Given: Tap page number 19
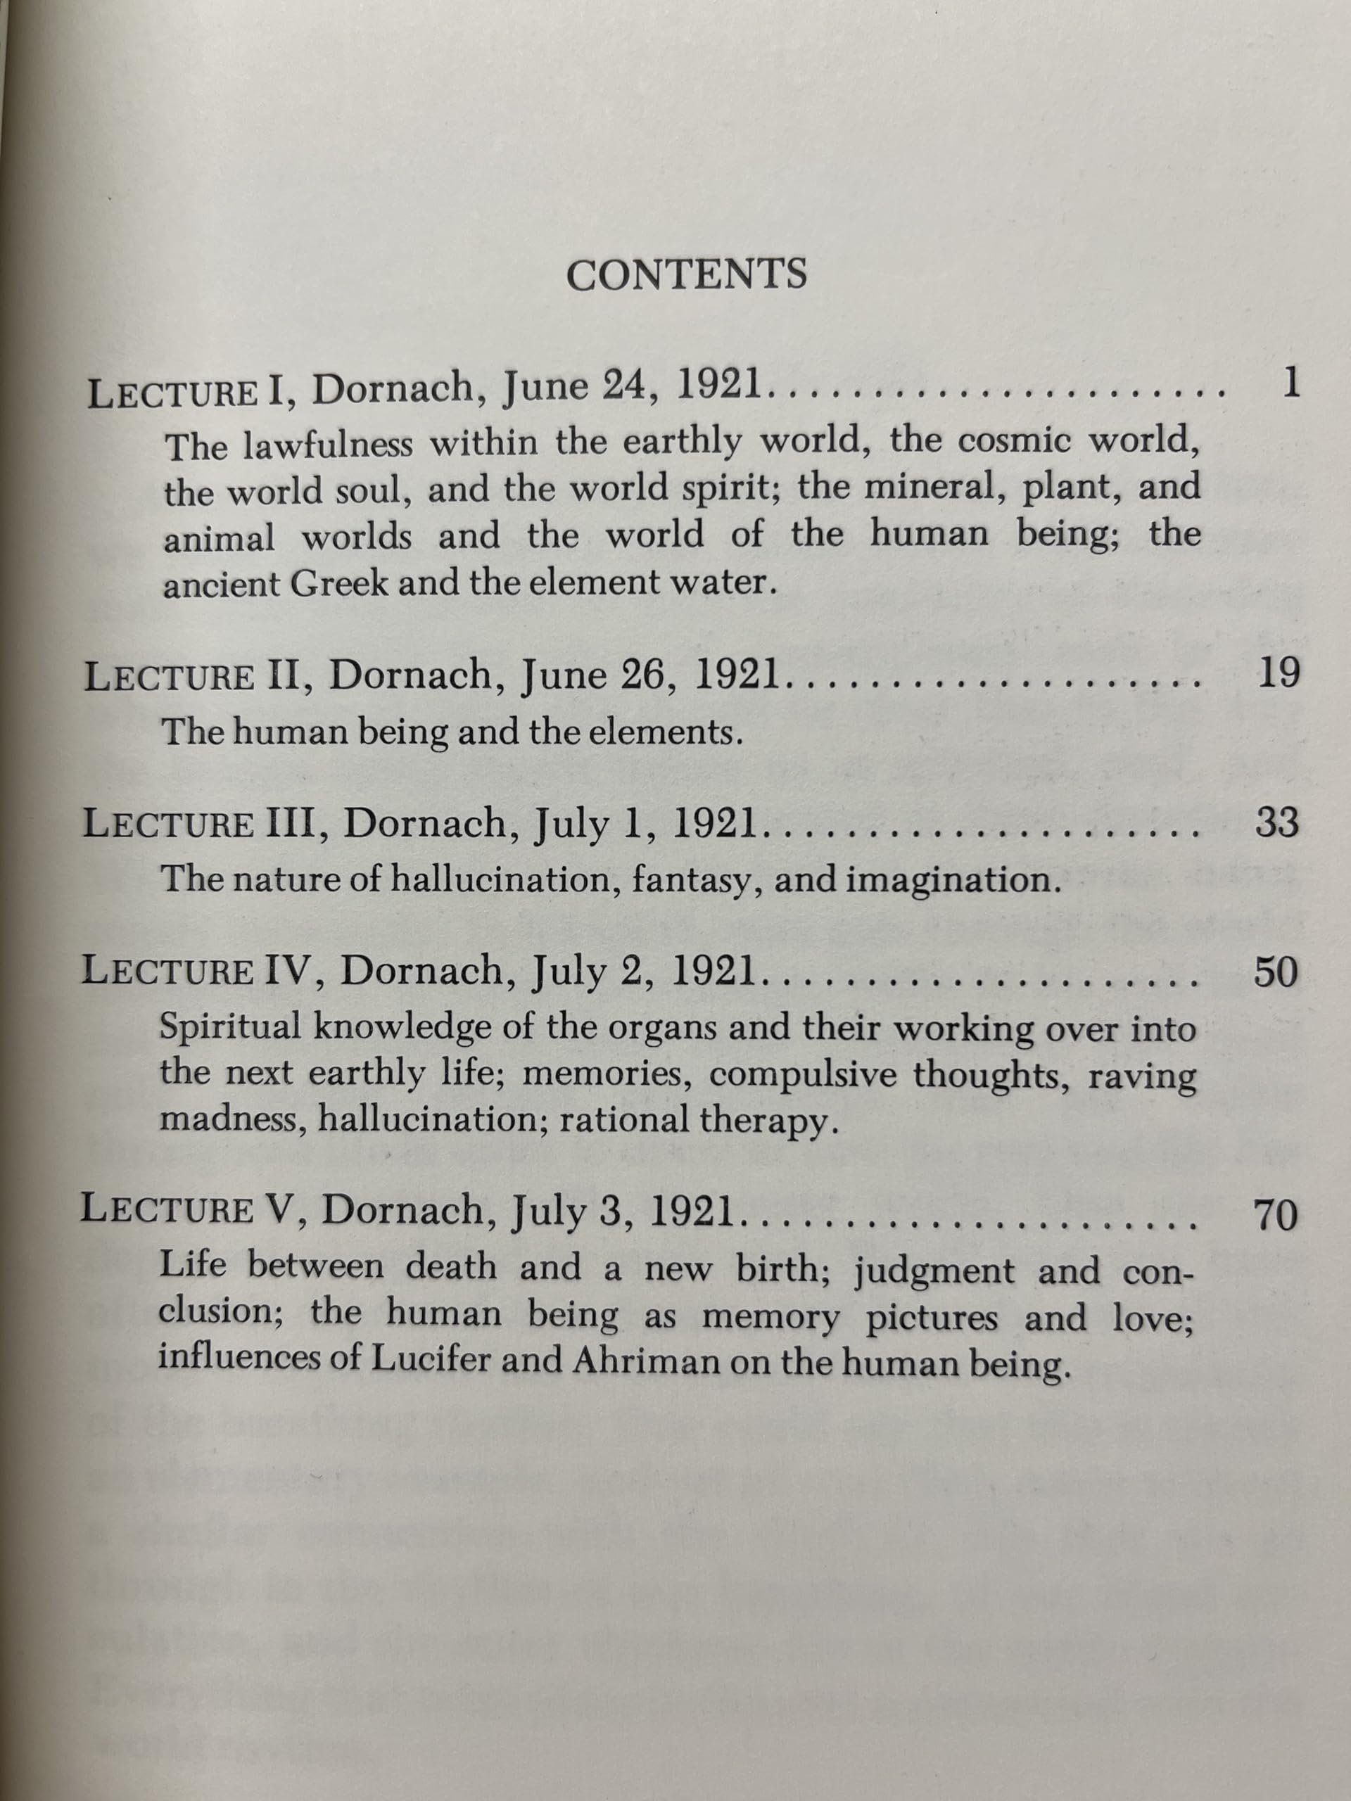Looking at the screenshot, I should point(1279,675).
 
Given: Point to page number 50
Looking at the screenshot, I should point(1275,972).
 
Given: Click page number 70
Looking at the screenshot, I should point(1275,1217).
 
